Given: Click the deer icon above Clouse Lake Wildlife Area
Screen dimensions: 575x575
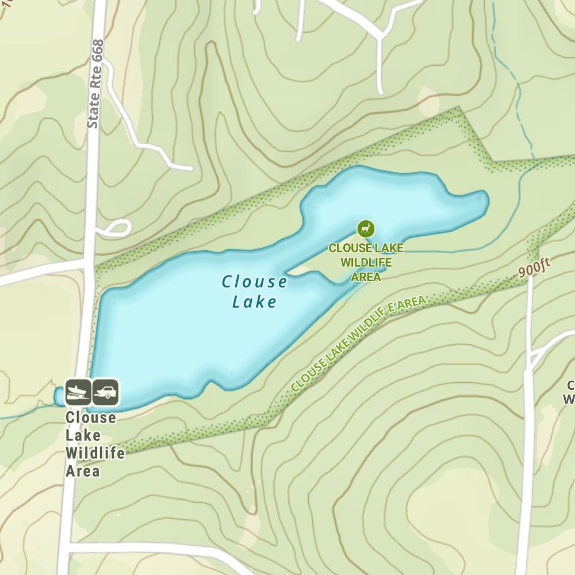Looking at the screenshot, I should pos(365,229).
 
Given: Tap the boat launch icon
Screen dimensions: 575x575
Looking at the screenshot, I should pos(78,392).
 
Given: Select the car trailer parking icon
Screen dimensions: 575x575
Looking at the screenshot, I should pos(105,392).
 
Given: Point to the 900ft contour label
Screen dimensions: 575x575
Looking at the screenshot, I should pos(534,268).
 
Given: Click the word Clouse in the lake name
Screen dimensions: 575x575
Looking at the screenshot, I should pos(255,282).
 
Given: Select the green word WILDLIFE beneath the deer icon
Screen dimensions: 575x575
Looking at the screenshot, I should pos(366,263).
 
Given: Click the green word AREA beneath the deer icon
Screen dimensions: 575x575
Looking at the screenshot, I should pos(366,277).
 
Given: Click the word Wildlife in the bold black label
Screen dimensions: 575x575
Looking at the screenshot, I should pos(95,453).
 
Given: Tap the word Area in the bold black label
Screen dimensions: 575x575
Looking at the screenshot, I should pos(83,471).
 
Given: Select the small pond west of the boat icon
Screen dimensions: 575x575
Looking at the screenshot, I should pos(59,396).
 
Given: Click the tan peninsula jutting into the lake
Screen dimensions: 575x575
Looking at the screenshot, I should pos(322,259).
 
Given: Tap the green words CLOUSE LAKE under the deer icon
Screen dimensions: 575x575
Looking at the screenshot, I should pos(366,248).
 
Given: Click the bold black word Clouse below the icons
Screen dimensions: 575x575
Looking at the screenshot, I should pos(90,417).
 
